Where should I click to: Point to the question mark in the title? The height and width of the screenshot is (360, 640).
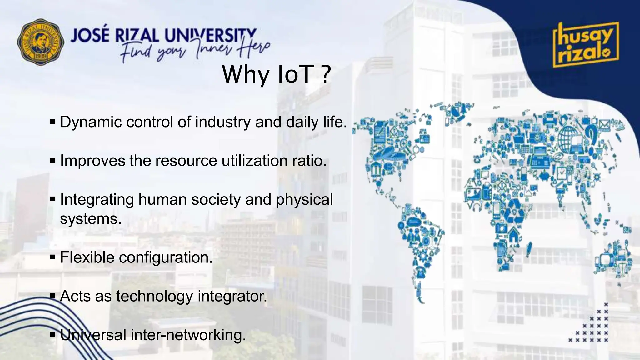[325, 75]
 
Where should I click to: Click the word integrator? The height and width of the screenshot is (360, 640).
[232, 296]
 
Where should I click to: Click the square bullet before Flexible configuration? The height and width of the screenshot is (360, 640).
[52, 258]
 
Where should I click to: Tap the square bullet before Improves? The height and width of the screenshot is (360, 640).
[52, 161]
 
